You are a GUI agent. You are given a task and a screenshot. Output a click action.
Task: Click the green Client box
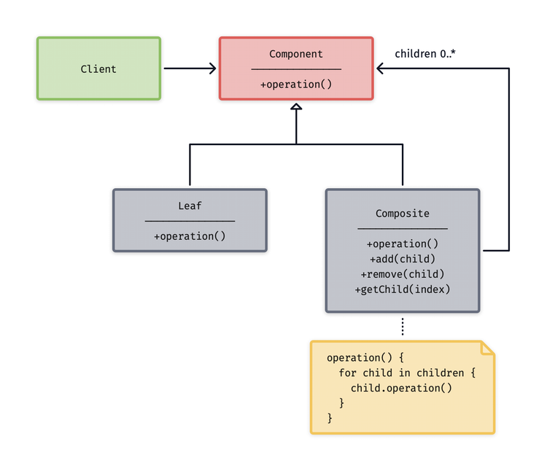98,69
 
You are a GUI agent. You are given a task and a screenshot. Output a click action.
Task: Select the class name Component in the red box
295,54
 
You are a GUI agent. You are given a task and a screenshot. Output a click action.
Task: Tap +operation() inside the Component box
295,85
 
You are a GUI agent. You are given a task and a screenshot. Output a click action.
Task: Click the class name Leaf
190,206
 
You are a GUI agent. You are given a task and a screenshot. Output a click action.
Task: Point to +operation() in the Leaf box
190,236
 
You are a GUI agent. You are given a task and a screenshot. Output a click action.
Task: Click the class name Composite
402,214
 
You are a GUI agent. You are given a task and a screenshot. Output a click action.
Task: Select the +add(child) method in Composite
402,259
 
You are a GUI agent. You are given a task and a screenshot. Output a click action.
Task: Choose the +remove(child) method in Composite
402,274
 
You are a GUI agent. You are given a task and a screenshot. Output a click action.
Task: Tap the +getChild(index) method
402,289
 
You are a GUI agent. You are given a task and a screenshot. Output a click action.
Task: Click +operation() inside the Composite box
402,244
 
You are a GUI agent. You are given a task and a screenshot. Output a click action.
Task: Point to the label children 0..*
425,54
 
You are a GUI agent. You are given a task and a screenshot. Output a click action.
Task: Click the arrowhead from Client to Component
212,69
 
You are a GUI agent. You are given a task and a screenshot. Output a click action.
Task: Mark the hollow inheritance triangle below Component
295,108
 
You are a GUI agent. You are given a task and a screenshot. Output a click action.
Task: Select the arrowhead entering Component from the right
381,69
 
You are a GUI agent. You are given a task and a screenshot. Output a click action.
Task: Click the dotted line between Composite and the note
402,327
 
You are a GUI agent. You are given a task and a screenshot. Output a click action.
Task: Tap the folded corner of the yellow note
487,349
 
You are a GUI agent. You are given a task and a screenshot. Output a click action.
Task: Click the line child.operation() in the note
401,388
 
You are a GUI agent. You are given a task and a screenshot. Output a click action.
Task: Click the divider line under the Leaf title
190,221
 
